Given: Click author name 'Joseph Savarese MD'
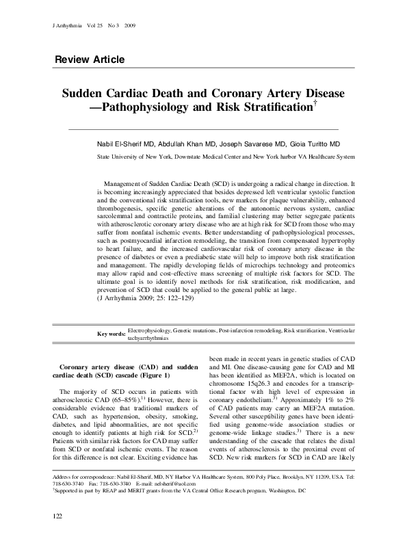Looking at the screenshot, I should [247, 144].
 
